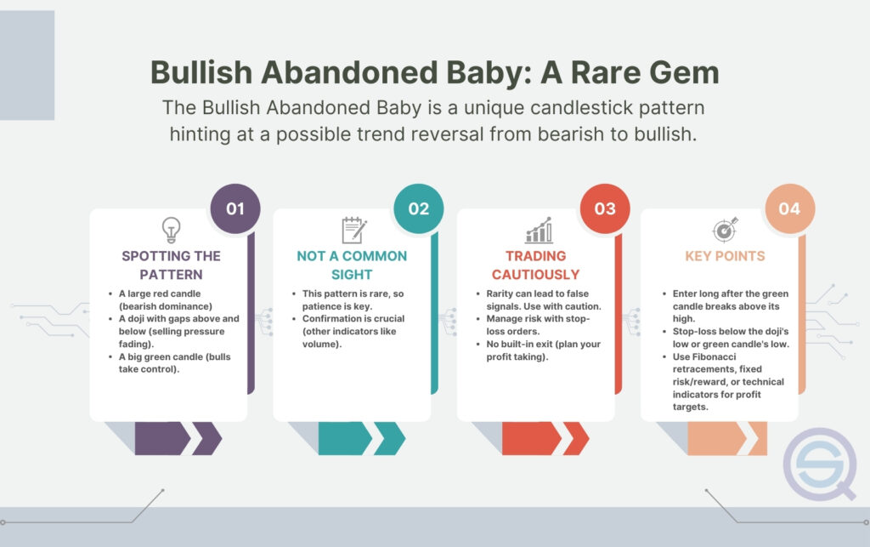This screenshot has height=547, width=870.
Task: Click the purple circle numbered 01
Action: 235,208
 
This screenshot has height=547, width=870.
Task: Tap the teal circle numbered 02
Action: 418,208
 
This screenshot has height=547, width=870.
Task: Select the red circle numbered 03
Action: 605,208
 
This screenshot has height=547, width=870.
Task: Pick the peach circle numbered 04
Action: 789,208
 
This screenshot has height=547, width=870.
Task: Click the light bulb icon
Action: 171,230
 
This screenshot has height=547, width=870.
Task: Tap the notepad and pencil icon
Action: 354,230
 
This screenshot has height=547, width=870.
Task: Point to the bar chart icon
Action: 539,230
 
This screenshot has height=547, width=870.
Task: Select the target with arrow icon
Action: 726,230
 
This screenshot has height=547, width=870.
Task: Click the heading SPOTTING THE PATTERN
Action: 171,265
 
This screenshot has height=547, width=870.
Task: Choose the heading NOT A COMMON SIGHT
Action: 352,265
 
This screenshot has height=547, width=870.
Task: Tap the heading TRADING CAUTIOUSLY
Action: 535,265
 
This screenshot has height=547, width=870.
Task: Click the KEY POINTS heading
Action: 725,256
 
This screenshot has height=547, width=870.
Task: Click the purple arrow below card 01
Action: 178,439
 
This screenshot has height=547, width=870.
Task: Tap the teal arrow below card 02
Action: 362,439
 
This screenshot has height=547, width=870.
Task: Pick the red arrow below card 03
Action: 545,439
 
